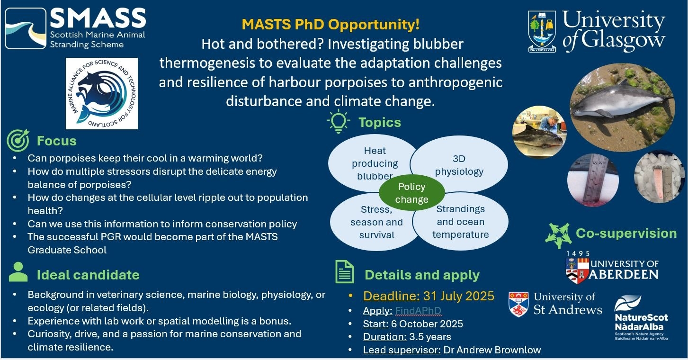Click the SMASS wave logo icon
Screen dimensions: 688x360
[26, 28]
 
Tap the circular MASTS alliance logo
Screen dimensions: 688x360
[102, 93]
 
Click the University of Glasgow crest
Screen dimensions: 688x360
[542, 31]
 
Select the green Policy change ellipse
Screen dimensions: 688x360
[411, 193]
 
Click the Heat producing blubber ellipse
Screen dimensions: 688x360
[373, 163]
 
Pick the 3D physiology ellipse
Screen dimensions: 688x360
[459, 165]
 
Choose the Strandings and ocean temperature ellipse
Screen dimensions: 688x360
[460, 222]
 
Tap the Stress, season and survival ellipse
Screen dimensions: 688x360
[375, 222]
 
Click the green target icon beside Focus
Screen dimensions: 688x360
[18, 140]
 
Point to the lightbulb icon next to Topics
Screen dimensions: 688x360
[339, 121]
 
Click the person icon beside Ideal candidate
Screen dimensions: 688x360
[18, 272]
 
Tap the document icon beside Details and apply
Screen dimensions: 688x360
[344, 272]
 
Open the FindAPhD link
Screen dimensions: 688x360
[418, 311]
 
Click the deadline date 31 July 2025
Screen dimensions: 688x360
[459, 296]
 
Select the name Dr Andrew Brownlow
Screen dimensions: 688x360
[492, 350]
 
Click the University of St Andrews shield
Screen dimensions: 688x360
[518, 304]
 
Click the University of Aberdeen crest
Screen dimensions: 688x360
[577, 270]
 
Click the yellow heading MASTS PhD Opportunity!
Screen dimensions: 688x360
[331, 24]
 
